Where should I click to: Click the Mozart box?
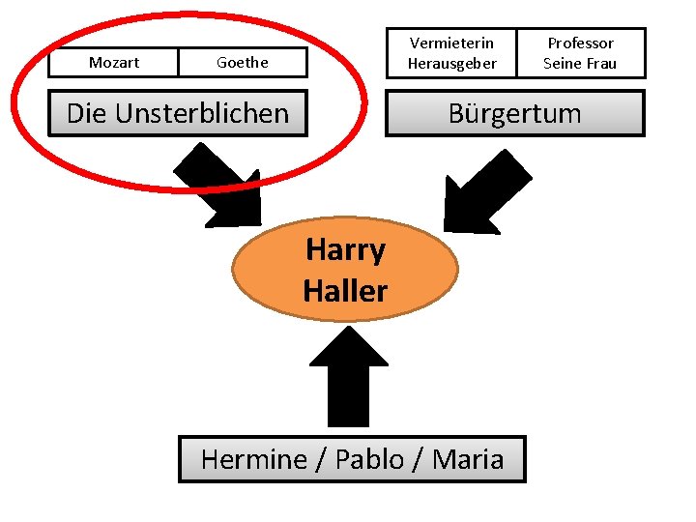pyautogui.click(x=114, y=63)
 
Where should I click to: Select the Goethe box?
pyautogui.click(x=243, y=63)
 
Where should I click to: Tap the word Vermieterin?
pyautogui.click(x=451, y=43)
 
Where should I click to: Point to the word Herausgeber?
pyautogui.click(x=451, y=64)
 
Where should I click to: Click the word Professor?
pyautogui.click(x=580, y=43)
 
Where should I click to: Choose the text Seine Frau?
pyautogui.click(x=580, y=64)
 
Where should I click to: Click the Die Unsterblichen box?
pyautogui.click(x=178, y=113)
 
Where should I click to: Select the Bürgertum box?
pyautogui.click(x=515, y=113)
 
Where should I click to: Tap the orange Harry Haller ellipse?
pyautogui.click(x=345, y=269)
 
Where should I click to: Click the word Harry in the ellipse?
pyautogui.click(x=345, y=250)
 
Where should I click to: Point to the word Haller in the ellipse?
pyautogui.click(x=345, y=290)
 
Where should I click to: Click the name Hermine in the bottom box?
pyautogui.click(x=253, y=459)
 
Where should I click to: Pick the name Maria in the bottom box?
pyautogui.click(x=468, y=459)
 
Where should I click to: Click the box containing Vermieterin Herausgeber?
pyautogui.click(x=451, y=53)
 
